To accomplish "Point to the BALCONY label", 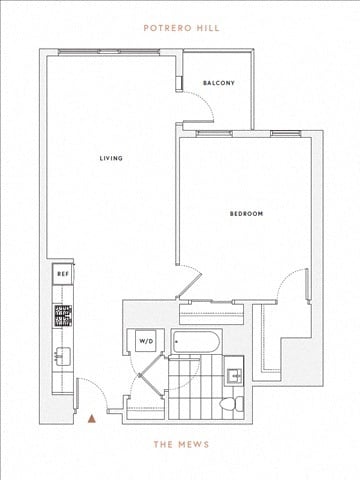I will tap(218, 83).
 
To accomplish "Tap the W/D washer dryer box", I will tap(147, 342).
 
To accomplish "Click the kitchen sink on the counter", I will tap(62, 355).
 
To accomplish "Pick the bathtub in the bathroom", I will tap(196, 343).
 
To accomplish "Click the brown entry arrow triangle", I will tap(93, 420).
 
